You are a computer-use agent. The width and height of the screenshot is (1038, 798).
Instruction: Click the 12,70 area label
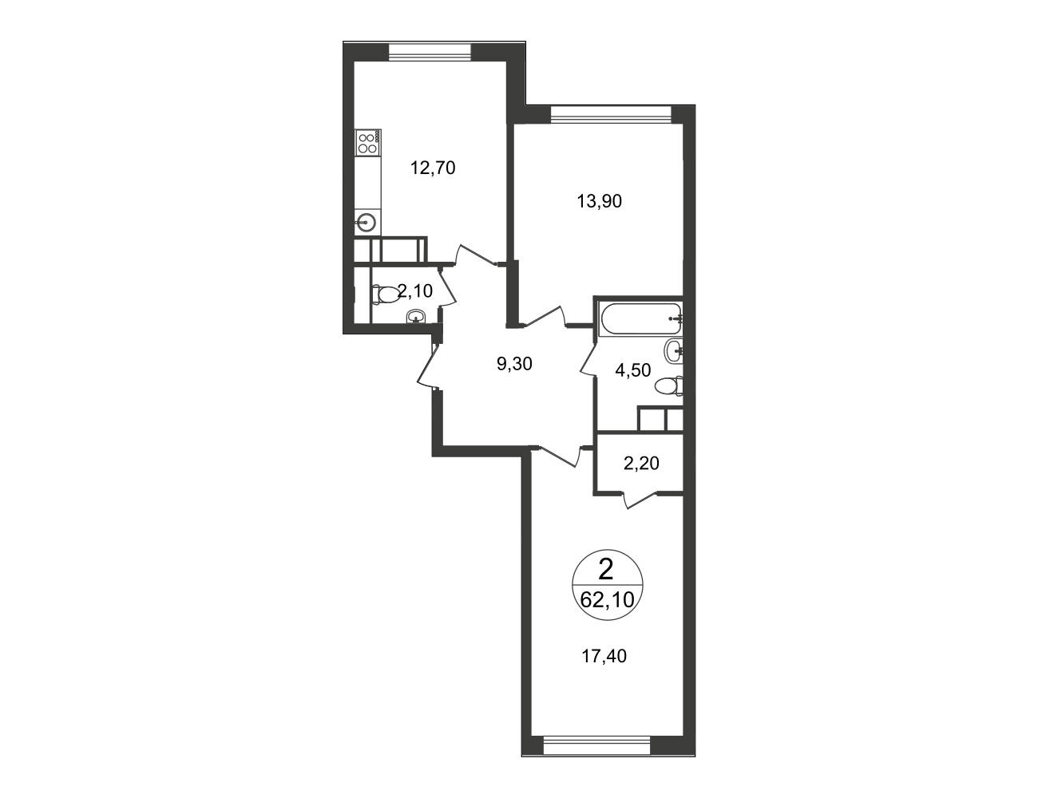coord(433,168)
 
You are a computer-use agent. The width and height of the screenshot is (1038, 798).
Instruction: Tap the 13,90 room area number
coord(600,201)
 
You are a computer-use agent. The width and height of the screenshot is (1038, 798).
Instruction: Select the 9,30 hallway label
coord(514,364)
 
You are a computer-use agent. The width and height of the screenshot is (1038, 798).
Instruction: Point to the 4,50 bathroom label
coord(633,370)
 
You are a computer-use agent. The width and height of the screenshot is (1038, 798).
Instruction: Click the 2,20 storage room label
coord(641,463)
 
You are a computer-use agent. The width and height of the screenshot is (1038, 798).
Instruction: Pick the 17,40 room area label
coord(604,656)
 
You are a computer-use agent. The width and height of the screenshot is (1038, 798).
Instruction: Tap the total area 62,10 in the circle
coord(607,599)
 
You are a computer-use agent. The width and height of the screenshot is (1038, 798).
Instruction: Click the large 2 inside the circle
coord(606,570)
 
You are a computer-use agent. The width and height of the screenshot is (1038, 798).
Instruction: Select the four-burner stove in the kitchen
coord(368,142)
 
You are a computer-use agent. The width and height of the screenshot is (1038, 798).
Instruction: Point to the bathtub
coord(640,319)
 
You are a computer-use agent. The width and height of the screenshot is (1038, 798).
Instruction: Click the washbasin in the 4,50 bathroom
coord(673,352)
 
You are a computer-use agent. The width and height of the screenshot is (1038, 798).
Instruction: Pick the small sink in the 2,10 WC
coord(415,317)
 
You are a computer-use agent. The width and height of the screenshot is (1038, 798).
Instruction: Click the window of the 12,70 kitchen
coord(430,52)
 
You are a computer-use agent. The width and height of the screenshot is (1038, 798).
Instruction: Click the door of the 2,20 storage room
coord(640,500)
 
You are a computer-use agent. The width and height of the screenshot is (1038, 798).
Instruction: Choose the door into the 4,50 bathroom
coord(588,360)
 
